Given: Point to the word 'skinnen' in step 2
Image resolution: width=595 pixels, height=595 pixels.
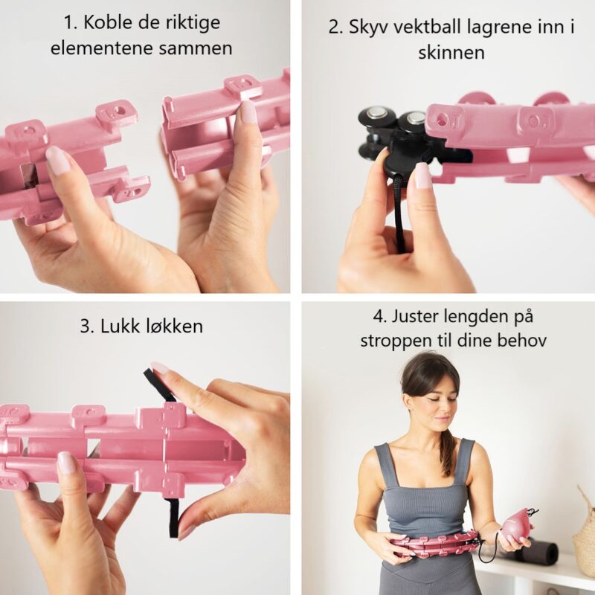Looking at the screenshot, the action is pos(451,52).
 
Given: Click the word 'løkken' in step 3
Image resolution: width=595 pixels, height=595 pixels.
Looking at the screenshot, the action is pos(175,326).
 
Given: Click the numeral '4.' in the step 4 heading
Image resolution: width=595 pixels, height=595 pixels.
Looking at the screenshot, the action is pos(380,317).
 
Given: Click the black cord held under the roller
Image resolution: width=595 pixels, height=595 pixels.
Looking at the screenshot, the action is pos(400,213).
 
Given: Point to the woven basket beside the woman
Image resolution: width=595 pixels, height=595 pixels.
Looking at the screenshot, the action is pos(585,530).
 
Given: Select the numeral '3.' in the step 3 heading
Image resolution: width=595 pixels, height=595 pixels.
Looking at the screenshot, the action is pos(87,327).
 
